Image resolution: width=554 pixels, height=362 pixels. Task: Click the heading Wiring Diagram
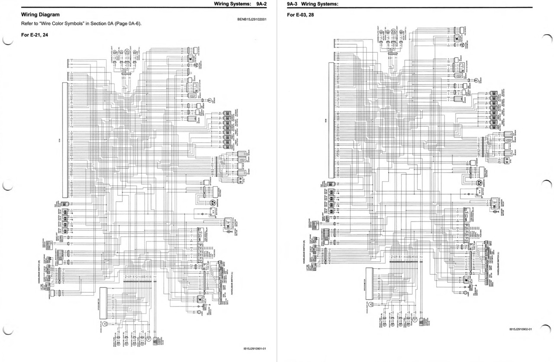click(41, 15)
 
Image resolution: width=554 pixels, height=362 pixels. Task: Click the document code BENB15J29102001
click(252, 20)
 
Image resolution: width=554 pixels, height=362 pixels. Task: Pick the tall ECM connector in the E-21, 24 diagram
click(64, 140)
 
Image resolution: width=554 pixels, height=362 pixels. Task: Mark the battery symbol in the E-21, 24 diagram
click(213, 212)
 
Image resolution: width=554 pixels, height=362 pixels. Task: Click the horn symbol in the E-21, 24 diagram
click(199, 312)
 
